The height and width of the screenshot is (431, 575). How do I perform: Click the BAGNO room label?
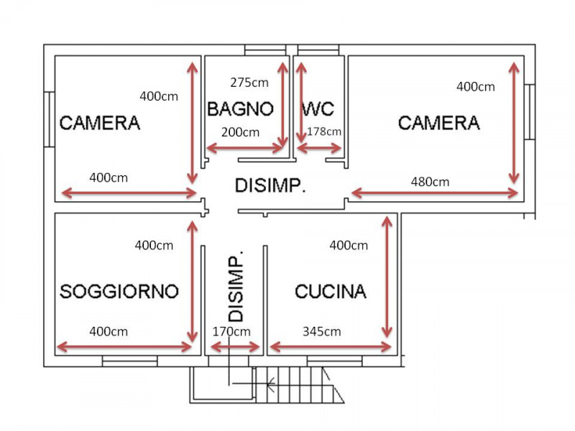click(240, 109)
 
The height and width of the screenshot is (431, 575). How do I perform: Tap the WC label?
click(318, 109)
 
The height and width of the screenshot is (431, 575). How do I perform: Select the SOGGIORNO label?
click(119, 292)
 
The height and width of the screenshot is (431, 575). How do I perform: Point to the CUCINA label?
click(331, 292)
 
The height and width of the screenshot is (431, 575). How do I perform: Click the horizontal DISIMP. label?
click(270, 185)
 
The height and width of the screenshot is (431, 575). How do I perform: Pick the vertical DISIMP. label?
click(236, 287)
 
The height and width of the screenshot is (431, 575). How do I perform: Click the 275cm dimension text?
click(249, 83)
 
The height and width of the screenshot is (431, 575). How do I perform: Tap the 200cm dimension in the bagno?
click(240, 132)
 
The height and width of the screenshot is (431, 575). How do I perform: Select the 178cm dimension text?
click(324, 131)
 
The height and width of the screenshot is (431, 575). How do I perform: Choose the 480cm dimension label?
click(430, 182)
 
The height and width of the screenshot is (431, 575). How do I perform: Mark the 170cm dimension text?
click(231, 332)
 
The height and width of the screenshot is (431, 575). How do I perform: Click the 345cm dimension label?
click(321, 332)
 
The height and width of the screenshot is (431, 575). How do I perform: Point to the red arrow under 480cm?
click(435, 193)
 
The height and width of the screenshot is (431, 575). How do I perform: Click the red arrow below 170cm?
click(235, 347)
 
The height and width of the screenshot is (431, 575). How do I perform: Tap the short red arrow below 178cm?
click(319, 149)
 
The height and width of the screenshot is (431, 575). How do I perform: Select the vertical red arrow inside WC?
click(301, 102)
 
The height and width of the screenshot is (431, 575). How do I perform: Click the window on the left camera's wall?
click(50, 119)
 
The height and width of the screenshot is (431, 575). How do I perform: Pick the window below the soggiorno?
click(130, 361)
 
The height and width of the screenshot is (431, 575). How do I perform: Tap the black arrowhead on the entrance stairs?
click(271, 384)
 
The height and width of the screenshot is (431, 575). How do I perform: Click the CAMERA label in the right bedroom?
click(439, 123)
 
